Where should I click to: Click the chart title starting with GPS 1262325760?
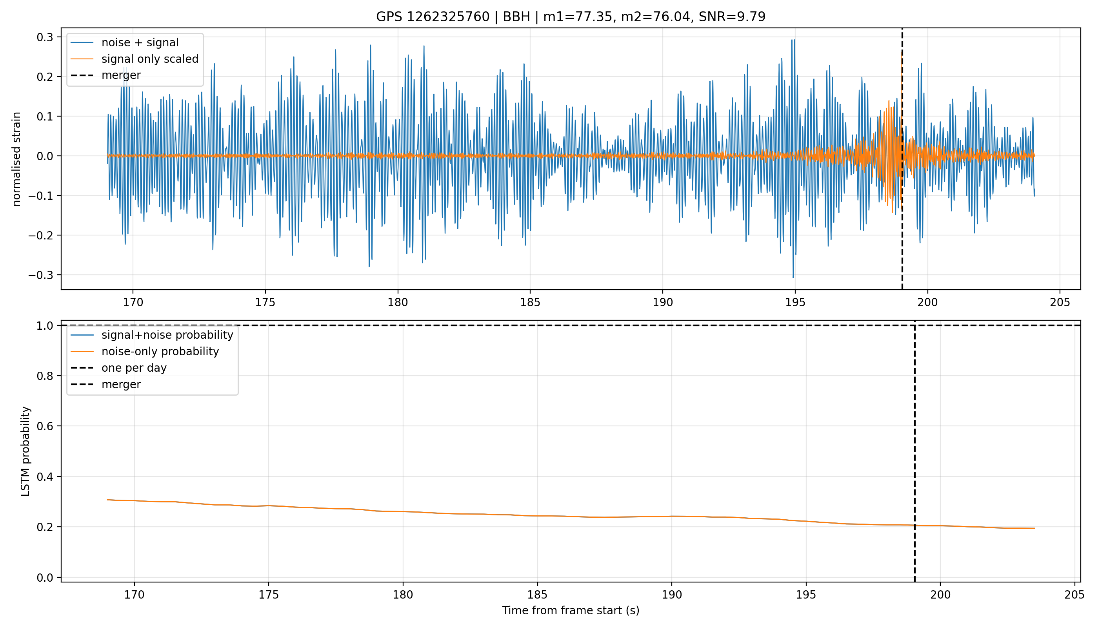(571, 16)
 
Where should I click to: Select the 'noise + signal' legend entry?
(140, 42)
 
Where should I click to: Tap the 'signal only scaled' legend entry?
(150, 58)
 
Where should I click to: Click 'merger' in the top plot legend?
(121, 75)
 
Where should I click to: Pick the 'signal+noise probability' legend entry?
(167, 335)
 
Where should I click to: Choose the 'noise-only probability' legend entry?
(160, 351)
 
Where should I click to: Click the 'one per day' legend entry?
(134, 367)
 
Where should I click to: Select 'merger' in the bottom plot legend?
(121, 384)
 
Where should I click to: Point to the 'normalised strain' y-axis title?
(16, 159)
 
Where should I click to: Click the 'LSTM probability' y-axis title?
(25, 451)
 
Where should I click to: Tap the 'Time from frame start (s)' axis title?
(571, 610)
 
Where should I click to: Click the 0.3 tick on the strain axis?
(45, 37)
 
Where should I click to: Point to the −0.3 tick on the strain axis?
(41, 275)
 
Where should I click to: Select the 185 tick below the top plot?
(530, 302)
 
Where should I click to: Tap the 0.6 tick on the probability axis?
(45, 426)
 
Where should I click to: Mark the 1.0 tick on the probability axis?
(45, 326)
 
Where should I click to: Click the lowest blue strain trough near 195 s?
(793, 277)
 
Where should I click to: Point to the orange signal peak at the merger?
(902, 57)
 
